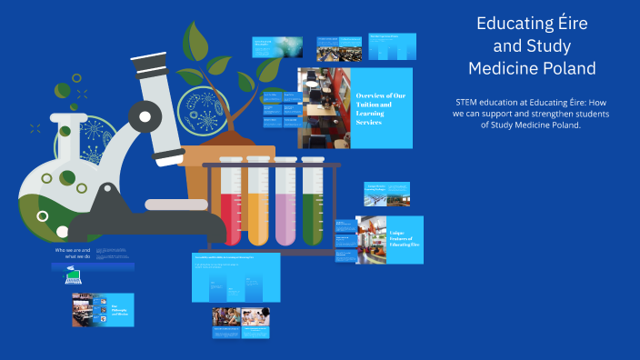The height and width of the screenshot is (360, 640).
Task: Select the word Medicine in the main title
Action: coord(502,68)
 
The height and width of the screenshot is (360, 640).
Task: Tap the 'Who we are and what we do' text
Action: coord(75,253)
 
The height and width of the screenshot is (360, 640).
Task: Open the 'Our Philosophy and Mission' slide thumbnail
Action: coord(104,310)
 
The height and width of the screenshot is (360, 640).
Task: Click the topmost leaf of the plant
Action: coord(195,40)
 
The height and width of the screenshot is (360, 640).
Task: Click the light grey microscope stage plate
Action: coord(176,205)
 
